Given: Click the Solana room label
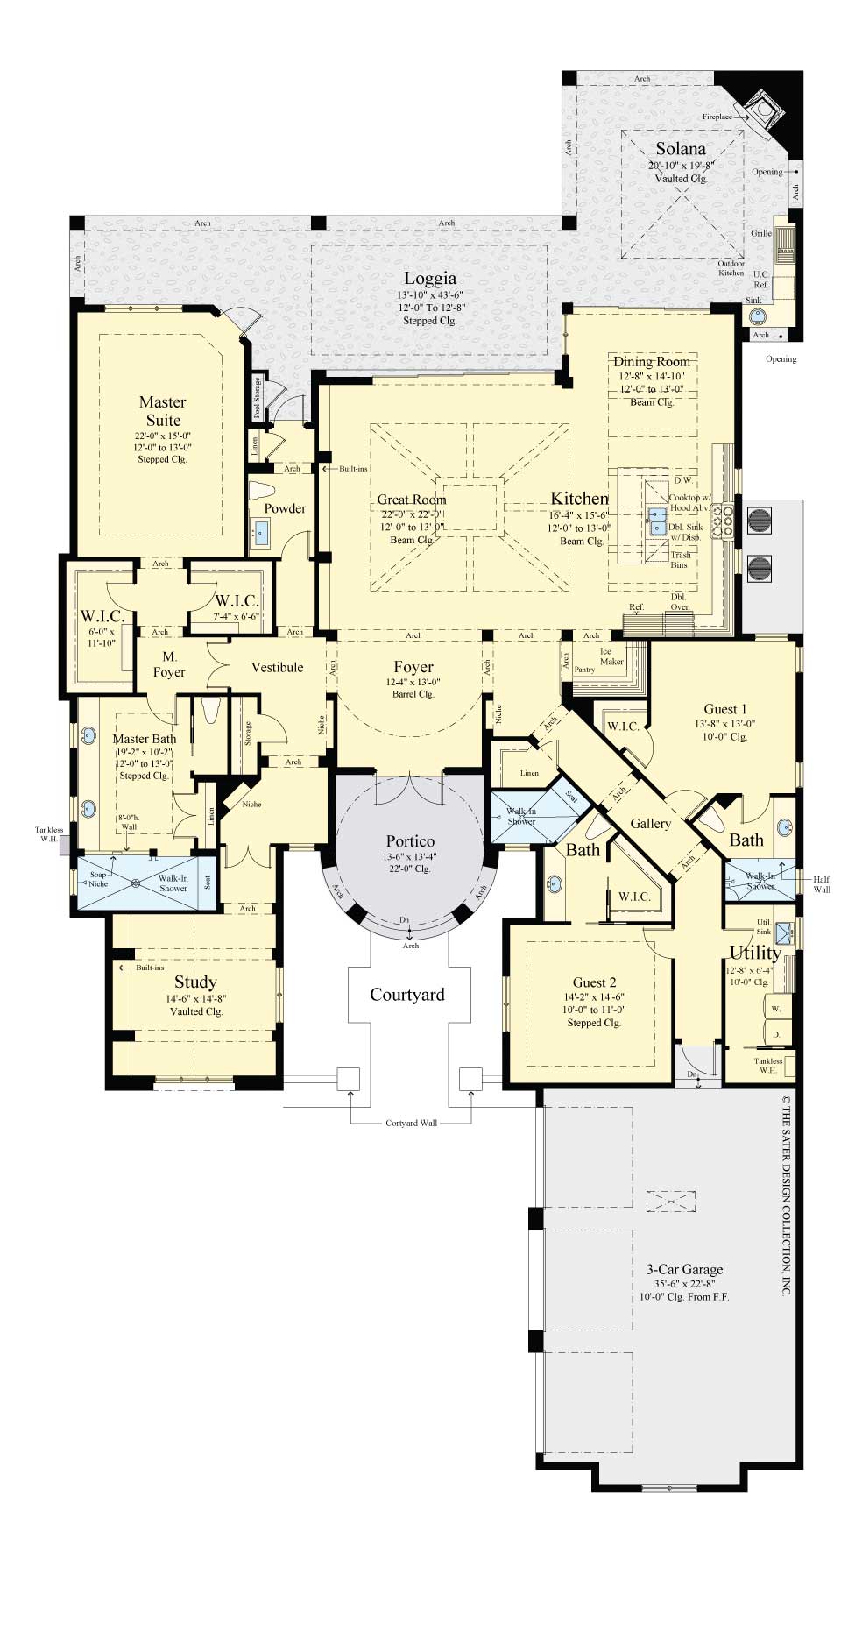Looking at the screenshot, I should pyautogui.click(x=681, y=149).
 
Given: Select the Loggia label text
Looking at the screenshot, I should pyautogui.click(x=429, y=280).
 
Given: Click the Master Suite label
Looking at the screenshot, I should pyautogui.click(x=163, y=410).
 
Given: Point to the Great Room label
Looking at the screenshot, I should pyautogui.click(x=411, y=500).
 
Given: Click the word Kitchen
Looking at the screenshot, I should pyautogui.click(x=578, y=499).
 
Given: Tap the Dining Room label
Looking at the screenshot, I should pyautogui.click(x=651, y=362).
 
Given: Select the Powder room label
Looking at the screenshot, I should pyautogui.click(x=285, y=508).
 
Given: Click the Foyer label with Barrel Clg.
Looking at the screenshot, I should pyautogui.click(x=413, y=667).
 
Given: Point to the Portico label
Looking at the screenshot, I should pyautogui.click(x=410, y=841).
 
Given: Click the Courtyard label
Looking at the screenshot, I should pyautogui.click(x=406, y=995).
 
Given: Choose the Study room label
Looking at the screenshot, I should pyautogui.click(x=194, y=982).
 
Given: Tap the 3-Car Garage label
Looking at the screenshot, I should pyautogui.click(x=684, y=1269).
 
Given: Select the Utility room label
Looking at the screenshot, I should pyautogui.click(x=754, y=953).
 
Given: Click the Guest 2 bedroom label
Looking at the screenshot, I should pyautogui.click(x=594, y=982).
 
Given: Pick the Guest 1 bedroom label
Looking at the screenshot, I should pyautogui.click(x=725, y=709).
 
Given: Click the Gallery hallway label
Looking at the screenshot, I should pyautogui.click(x=650, y=824).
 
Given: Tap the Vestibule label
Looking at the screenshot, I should pyautogui.click(x=277, y=668).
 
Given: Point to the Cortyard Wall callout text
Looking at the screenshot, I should pyautogui.click(x=410, y=1124).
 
